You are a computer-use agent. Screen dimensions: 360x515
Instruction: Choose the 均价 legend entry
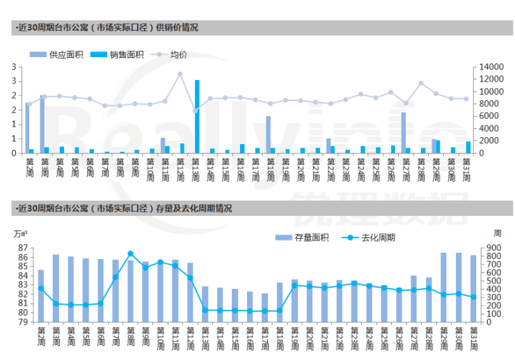point(178,54)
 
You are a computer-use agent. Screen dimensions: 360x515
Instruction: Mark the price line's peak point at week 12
point(180,74)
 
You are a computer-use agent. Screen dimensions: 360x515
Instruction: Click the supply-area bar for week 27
point(403,132)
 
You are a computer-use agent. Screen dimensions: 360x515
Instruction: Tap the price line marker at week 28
point(421,83)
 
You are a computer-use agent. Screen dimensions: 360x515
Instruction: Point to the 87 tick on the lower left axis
point(22,248)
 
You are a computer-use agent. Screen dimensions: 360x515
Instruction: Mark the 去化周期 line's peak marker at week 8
point(130,254)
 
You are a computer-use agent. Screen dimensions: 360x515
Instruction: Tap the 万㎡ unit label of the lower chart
point(19,233)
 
